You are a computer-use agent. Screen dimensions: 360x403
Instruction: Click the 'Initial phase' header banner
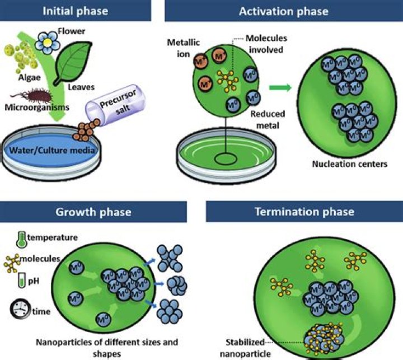click(x=77, y=10)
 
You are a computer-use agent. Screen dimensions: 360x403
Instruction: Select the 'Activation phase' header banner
click(x=283, y=10)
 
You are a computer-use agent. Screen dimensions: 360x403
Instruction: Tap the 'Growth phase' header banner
click(x=93, y=212)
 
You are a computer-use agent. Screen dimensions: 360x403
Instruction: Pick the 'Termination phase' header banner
click(x=304, y=212)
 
